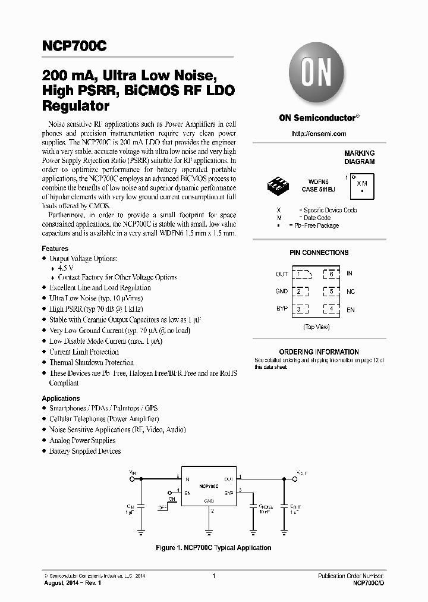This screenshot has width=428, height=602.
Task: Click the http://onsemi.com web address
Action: [319, 134]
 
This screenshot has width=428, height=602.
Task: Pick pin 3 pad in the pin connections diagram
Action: [300, 309]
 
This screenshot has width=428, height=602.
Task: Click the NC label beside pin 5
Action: [350, 291]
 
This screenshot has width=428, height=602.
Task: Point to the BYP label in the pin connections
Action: [282, 309]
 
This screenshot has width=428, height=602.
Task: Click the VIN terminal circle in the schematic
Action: [132, 478]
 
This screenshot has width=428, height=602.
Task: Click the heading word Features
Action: [55, 249]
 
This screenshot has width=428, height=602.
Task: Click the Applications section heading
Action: [61, 399]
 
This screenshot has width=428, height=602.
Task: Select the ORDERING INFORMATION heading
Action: [319, 352]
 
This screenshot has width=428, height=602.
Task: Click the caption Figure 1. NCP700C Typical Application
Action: [213, 548]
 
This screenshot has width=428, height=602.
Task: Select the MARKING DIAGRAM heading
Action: [359, 158]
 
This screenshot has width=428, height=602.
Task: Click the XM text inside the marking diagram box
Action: [361, 183]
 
